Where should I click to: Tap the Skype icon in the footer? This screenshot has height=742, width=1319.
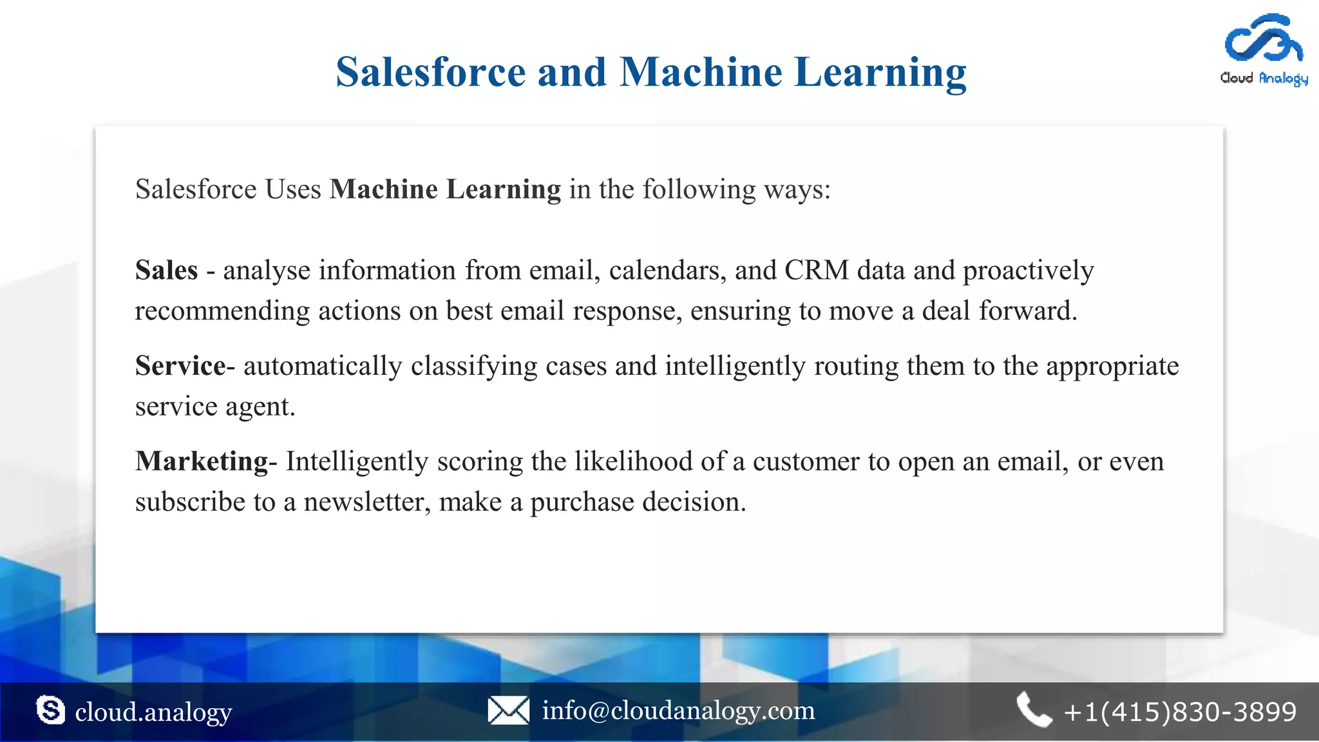click(x=50, y=710)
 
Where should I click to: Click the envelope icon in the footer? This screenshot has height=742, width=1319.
click(x=508, y=710)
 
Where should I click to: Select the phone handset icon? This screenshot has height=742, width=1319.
click(x=1033, y=710)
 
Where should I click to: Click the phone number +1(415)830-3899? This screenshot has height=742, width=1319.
click(x=1180, y=712)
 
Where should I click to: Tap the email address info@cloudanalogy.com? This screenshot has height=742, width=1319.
click(x=678, y=710)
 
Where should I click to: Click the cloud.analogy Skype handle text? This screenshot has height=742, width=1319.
click(x=153, y=712)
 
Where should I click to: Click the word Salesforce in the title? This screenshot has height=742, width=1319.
click(x=431, y=71)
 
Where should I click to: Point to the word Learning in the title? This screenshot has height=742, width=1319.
click(x=880, y=71)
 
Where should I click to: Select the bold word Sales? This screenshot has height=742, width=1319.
click(x=166, y=270)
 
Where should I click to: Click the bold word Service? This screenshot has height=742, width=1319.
click(x=180, y=366)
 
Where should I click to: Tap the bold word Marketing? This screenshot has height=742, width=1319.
click(x=202, y=461)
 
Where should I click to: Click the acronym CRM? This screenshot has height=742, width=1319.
click(x=816, y=270)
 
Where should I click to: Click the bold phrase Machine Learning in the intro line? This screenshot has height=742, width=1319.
click(x=445, y=189)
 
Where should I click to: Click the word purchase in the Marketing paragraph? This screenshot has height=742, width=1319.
click(x=582, y=502)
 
